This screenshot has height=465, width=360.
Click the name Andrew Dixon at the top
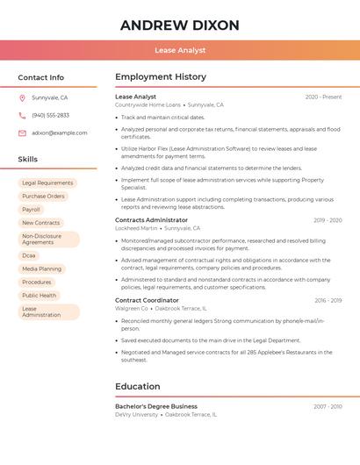tap(179, 25)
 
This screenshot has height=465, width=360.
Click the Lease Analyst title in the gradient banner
tap(179, 50)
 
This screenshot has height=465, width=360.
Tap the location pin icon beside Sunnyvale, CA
tap(22, 98)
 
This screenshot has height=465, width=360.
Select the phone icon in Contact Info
tap(22, 116)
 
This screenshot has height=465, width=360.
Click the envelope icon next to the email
tap(22, 133)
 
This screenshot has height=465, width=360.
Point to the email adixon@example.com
tap(60, 133)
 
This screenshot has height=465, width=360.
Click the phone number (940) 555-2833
tap(51, 116)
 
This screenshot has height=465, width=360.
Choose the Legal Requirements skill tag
tap(47, 183)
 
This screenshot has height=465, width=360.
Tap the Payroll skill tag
tap(32, 210)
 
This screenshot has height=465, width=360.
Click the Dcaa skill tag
tap(29, 255)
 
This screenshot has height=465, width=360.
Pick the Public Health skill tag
tap(40, 296)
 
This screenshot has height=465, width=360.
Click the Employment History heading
tap(161, 77)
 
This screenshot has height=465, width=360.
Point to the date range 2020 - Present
tap(323, 97)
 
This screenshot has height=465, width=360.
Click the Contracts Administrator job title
tap(151, 220)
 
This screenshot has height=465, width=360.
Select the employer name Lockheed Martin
tap(136, 228)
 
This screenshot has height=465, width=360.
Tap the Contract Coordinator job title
tap(147, 300)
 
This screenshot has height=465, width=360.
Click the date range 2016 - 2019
tap(328, 301)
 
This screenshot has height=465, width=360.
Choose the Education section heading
tap(138, 387)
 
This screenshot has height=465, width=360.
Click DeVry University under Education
tap(136, 414)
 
